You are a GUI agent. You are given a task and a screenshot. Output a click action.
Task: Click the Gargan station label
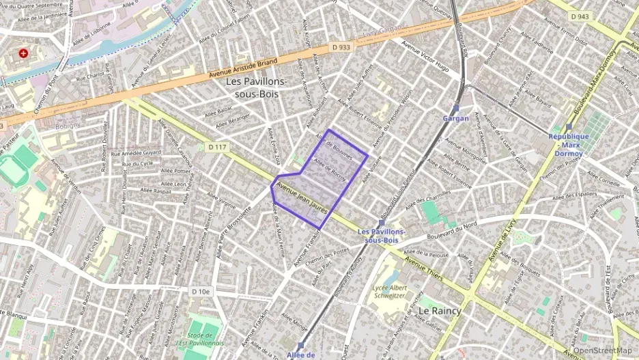tap(456, 118)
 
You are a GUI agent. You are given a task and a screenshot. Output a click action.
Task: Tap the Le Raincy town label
tap(440, 310)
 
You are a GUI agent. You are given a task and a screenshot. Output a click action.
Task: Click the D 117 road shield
tap(216, 147)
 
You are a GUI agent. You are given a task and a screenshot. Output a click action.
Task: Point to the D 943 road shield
tap(581, 16)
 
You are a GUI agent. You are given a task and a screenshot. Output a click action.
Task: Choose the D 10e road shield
tap(201, 292)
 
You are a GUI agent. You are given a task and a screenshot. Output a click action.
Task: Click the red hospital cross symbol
tap(24, 53)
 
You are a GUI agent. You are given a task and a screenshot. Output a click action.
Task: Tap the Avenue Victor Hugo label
tap(425, 58)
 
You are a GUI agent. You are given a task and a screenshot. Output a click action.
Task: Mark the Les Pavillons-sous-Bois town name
tap(256, 87)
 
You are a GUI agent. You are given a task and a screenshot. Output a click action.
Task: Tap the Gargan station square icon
tap(455, 108)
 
